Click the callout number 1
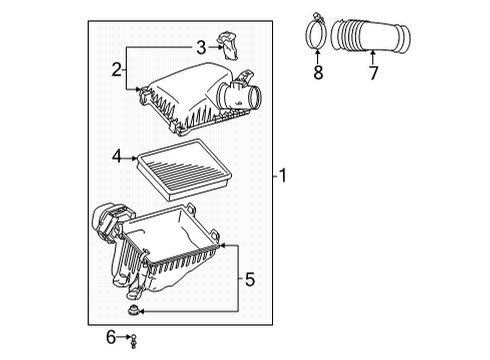(284, 177)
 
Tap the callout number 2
(117, 69)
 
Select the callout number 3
(200, 46)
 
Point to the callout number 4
(118, 156)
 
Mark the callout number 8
(318, 72)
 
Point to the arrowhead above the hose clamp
(318, 53)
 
